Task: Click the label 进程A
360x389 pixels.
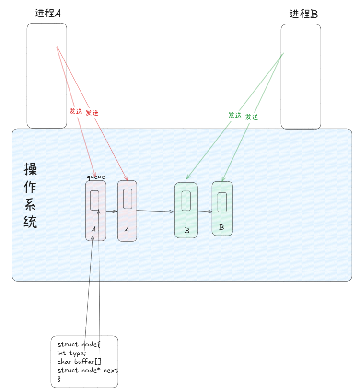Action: click(47, 13)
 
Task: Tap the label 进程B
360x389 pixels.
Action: click(303, 13)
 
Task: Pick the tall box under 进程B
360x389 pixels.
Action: click(301, 77)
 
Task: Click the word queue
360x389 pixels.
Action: click(95, 177)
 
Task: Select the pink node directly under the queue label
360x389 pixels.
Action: click(95, 211)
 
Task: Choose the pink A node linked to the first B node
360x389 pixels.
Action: click(127, 211)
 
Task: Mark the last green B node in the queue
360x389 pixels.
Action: click(222, 208)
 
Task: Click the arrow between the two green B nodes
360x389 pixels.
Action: click(205, 211)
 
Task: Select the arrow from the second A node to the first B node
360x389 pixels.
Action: click(155, 211)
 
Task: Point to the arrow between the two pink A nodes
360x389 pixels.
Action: click(111, 211)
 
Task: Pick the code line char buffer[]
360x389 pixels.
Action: click(79, 362)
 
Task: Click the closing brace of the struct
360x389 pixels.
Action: click(59, 379)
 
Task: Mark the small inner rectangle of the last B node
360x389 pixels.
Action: click(222, 202)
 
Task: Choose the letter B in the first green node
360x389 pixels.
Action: click(186, 231)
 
